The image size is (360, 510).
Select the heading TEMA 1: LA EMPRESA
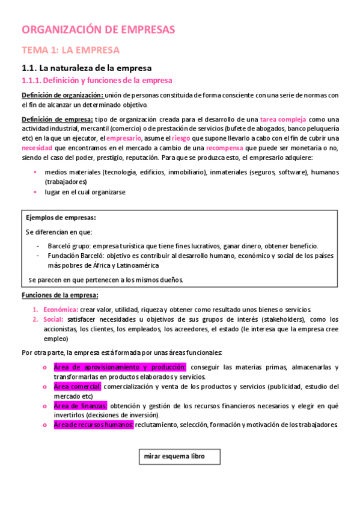[x=70, y=49]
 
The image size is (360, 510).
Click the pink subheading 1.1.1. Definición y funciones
[x=97, y=80]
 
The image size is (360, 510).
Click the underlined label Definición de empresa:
[x=58, y=118]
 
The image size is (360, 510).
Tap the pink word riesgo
[x=181, y=138]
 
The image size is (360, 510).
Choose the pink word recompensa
[x=227, y=147]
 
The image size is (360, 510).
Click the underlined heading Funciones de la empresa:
[x=60, y=295]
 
